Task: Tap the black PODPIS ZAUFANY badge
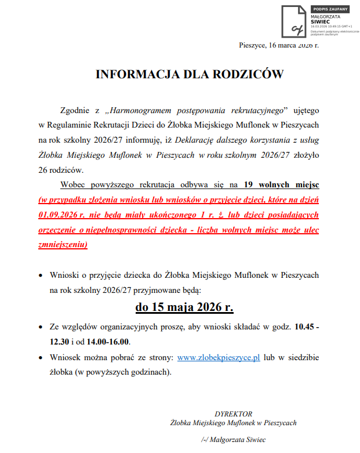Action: pos(331,9)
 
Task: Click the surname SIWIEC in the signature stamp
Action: pos(321,22)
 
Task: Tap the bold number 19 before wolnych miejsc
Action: pos(249,185)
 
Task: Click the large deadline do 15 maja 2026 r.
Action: pos(184,306)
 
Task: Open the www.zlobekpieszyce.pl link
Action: pos(218,358)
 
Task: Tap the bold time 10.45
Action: pos(304,327)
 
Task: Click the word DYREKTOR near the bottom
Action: pos(233,414)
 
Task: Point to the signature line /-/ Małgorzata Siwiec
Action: pos(234,440)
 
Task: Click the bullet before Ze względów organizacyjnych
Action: pos(40,327)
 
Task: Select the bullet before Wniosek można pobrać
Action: pos(40,358)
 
